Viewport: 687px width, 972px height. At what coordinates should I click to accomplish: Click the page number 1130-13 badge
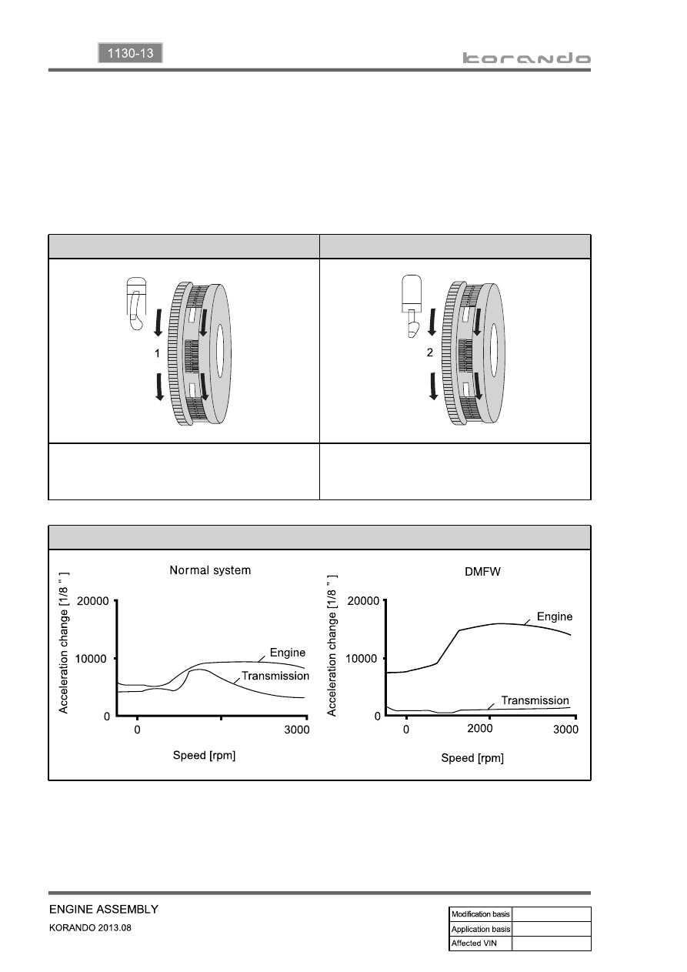[130, 53]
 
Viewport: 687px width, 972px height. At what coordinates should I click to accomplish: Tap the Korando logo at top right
[526, 58]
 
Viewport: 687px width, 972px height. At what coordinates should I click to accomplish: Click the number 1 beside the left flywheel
[157, 354]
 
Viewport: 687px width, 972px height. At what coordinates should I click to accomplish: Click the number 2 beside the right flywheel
[429, 352]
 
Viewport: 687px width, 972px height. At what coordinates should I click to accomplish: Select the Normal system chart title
[210, 570]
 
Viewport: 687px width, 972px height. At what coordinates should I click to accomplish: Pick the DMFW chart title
[482, 572]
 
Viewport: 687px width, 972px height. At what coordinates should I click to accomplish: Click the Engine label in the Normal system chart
[287, 653]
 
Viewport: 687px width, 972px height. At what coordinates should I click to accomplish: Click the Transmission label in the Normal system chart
[275, 676]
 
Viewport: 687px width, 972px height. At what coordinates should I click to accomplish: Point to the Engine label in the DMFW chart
[554, 616]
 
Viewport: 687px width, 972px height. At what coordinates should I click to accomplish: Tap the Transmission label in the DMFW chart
[535, 700]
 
